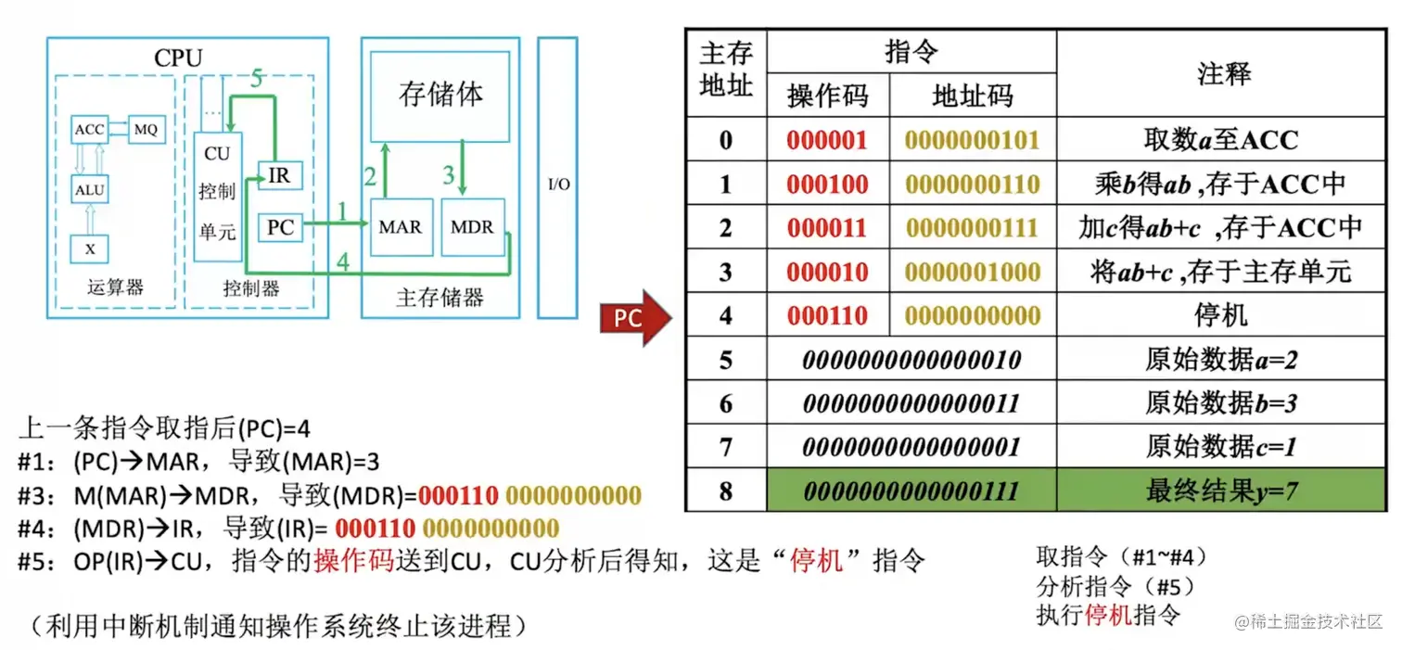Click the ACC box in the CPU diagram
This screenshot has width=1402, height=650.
[x=89, y=130]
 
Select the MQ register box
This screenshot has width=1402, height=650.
[x=146, y=130]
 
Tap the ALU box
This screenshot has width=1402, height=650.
[x=89, y=190]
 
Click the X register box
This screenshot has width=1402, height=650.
[x=89, y=249]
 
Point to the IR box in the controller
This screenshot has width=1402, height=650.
[x=278, y=174]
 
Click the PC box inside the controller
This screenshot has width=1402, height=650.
[x=280, y=226]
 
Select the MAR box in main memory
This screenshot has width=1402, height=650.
[x=400, y=226]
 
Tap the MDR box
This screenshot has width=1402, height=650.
[x=472, y=226]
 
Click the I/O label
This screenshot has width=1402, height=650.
[x=558, y=185]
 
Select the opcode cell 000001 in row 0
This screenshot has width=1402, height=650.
[x=827, y=140]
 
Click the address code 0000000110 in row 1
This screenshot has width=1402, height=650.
[x=973, y=184]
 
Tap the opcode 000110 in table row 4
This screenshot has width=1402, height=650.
[x=827, y=316]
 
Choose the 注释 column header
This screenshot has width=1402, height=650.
[x=1224, y=74]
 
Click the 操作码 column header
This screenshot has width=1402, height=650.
[x=827, y=96]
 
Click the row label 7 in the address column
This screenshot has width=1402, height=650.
[x=725, y=447]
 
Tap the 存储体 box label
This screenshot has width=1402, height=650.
[x=440, y=94]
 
